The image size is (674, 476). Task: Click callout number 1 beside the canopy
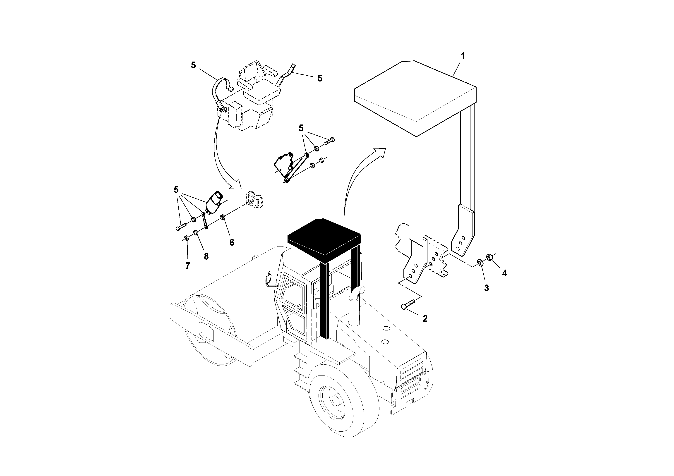point(463,55)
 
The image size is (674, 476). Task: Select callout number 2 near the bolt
point(425,318)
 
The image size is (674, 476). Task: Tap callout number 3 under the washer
point(486,288)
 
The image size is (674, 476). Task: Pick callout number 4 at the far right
point(504,273)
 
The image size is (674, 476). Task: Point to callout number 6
point(232,242)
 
